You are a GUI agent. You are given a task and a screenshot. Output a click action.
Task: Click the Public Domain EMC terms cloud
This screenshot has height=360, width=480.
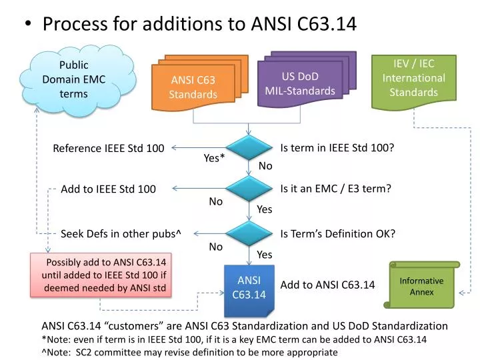pyautogui.click(x=74, y=80)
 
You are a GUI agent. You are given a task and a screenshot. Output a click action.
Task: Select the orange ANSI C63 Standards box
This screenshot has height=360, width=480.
pyautogui.click(x=193, y=87)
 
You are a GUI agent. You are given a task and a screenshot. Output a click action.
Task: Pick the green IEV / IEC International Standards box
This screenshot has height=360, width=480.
pyautogui.click(x=413, y=79)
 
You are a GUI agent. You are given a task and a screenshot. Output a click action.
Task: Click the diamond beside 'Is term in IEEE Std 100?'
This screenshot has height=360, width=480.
pyautogui.click(x=249, y=148)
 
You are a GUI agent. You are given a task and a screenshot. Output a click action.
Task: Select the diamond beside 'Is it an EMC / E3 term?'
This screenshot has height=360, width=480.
pyautogui.click(x=249, y=189)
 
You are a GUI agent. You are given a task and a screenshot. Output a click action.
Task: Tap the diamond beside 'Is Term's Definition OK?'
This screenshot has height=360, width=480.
pyautogui.click(x=249, y=233)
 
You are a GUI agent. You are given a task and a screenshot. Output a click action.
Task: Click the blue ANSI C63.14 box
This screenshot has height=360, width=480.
pyautogui.click(x=249, y=288)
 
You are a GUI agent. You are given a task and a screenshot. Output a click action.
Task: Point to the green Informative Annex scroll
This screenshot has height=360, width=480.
pyautogui.click(x=421, y=286)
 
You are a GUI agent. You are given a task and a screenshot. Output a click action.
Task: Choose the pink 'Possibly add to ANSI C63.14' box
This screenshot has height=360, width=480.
pyautogui.click(x=102, y=275)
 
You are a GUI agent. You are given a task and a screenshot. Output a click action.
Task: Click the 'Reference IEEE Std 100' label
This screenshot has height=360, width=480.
pyautogui.click(x=109, y=148)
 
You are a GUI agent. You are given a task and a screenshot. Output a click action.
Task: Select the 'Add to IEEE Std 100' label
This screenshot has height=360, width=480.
pyautogui.click(x=108, y=189)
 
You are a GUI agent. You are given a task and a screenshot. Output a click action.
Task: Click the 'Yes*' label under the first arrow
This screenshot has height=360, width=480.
pyautogui.click(x=214, y=158)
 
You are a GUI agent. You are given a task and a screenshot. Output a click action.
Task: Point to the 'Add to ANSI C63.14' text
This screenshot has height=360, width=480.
pyautogui.click(x=327, y=285)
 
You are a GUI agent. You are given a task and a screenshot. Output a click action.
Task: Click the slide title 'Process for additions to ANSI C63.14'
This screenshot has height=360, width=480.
pyautogui.click(x=199, y=24)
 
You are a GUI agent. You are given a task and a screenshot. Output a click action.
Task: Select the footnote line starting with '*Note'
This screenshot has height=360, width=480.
pyautogui.click(x=233, y=339)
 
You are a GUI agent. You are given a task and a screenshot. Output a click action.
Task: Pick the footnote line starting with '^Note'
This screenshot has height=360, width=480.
pyautogui.click(x=189, y=352)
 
